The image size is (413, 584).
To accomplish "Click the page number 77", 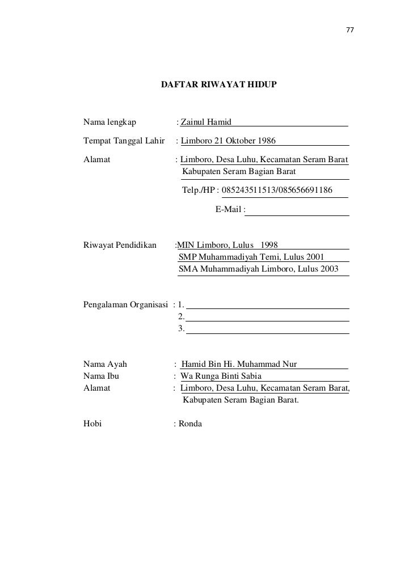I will [x=350, y=30].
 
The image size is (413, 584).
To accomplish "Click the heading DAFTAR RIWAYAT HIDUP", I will [x=219, y=84].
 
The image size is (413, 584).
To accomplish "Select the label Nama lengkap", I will [x=107, y=121].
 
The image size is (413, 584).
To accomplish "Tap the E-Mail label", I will [x=229, y=210].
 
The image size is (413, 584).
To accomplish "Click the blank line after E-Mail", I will [x=298, y=211].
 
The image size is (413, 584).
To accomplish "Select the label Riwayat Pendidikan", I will [x=120, y=245].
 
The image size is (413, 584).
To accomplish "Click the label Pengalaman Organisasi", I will [x=125, y=304].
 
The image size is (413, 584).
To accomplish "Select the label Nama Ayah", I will [x=106, y=364].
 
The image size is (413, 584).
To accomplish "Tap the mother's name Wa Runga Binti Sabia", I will [x=221, y=376].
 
